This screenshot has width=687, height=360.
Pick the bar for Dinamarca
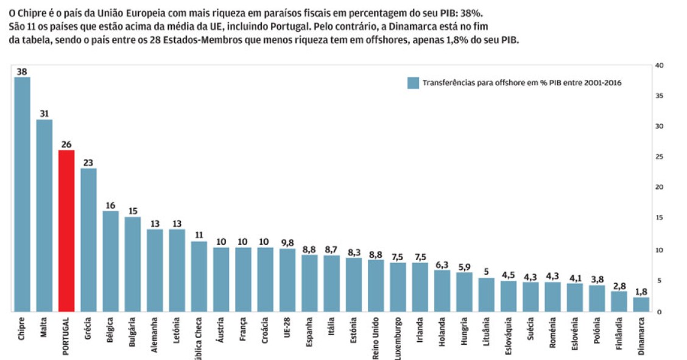(x=641, y=304)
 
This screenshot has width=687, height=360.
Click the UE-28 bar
(x=287, y=280)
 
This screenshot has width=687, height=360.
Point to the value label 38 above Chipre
(x=22, y=71)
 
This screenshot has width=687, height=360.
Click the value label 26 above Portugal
(x=66, y=144)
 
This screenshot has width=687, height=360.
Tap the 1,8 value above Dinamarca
(x=641, y=291)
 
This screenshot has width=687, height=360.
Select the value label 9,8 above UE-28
(x=287, y=242)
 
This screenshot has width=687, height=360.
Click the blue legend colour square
(x=413, y=83)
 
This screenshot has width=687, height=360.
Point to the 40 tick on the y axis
(x=660, y=65)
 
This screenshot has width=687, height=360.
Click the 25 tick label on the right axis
(x=660, y=157)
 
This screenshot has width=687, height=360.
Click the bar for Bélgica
(x=111, y=261)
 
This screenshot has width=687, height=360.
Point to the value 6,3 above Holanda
(x=442, y=264)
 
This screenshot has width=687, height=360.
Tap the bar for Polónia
(x=597, y=298)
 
